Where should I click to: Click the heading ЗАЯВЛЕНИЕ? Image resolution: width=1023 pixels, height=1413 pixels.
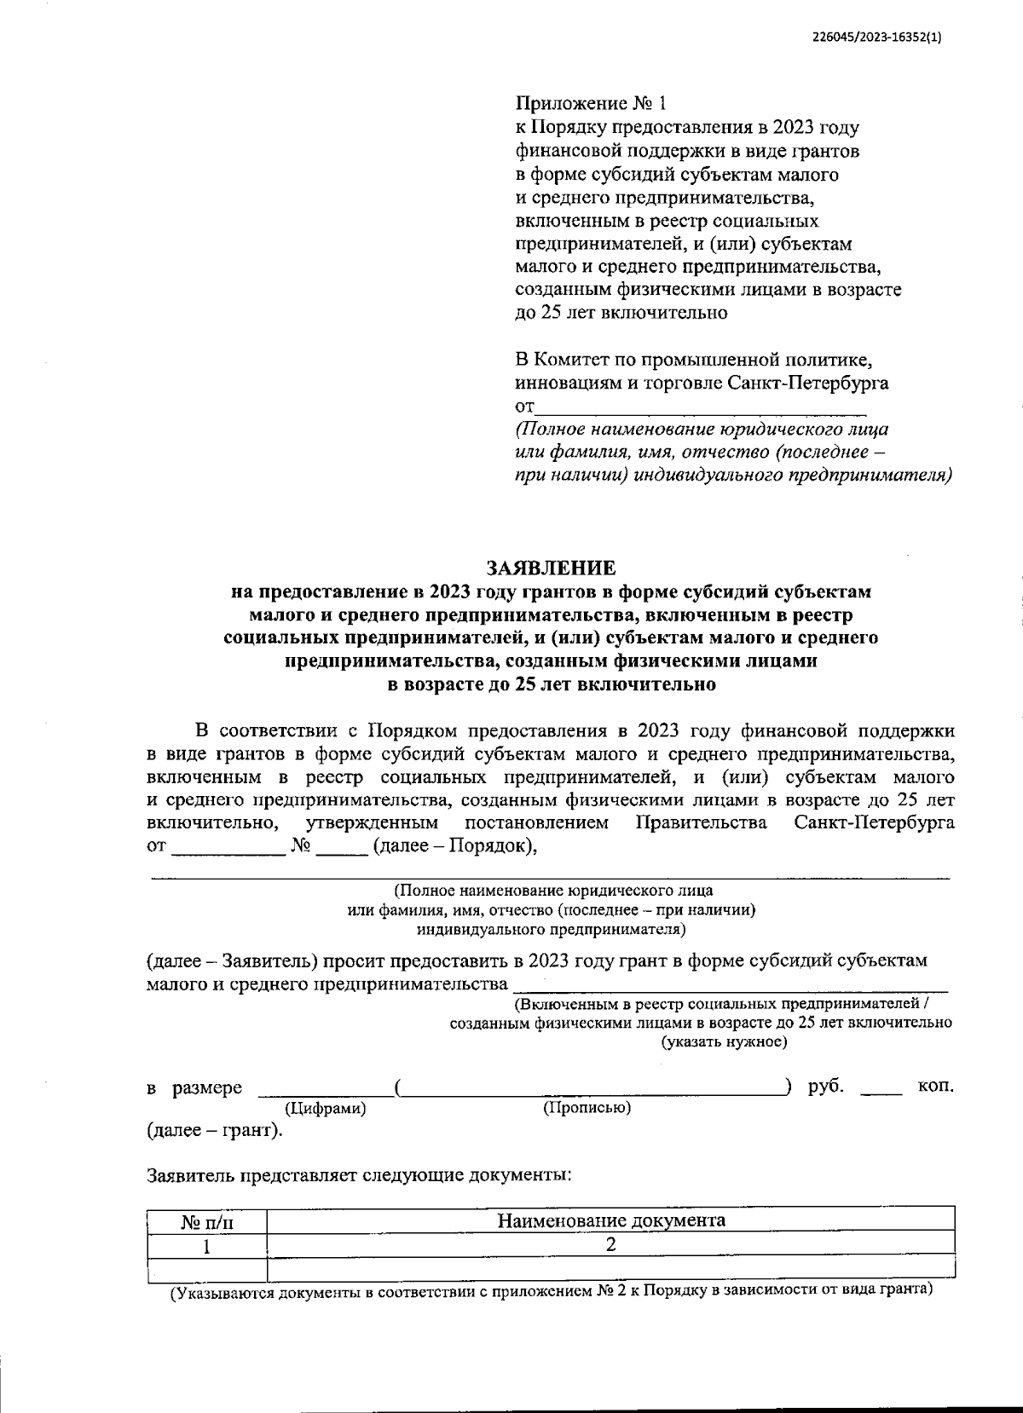[x=550, y=568]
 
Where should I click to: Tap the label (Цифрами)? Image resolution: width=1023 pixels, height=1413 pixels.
[x=325, y=1109]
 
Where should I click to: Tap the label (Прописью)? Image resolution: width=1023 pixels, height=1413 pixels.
[x=587, y=1108]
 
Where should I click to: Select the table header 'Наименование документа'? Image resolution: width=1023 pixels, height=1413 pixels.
[x=610, y=1220]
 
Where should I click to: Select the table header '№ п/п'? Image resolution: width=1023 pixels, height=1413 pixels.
[x=206, y=1222]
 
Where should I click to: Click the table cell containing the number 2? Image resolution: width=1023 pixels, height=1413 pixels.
[x=610, y=1244]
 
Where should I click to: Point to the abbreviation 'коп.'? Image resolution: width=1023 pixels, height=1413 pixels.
[x=935, y=1087]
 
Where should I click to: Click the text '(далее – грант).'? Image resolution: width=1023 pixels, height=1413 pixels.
[x=215, y=1131]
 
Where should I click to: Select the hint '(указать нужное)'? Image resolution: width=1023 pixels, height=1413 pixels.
[x=724, y=1041]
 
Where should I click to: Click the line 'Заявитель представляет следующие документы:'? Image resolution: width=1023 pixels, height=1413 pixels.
[x=358, y=1175]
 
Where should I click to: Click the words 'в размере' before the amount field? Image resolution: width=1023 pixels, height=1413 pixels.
[x=194, y=1088]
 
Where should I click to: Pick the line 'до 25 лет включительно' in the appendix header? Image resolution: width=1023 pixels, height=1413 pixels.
[x=621, y=312]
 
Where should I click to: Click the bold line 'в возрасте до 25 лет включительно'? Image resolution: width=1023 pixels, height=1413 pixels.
[x=551, y=683]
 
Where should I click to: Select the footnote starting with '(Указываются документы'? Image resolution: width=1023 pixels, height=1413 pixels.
[x=551, y=1291]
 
